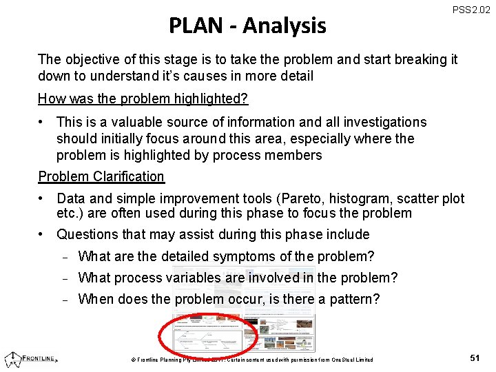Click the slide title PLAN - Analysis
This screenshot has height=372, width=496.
tap(247, 25)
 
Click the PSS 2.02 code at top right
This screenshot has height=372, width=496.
tap(471, 10)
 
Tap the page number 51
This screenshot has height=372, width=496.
tap(475, 358)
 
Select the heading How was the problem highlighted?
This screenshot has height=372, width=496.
tap(143, 99)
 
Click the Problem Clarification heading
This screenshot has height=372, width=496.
tap(101, 176)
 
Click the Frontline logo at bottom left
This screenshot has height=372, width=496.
tap(31, 358)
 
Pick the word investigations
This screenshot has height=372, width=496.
tap(382, 122)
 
